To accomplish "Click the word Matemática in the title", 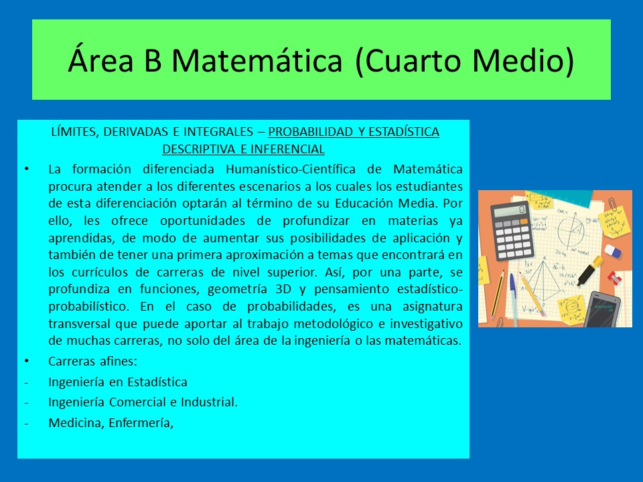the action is point(257,61).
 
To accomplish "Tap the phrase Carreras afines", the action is point(92,361).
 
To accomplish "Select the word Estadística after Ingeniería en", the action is point(157,382).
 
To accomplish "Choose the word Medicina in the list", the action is point(76,422).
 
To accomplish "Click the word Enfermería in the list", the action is point(140,422).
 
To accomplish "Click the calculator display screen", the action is point(510,212).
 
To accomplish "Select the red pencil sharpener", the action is point(614,278).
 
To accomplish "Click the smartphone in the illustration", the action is point(602,309).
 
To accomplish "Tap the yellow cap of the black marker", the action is point(598,262).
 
